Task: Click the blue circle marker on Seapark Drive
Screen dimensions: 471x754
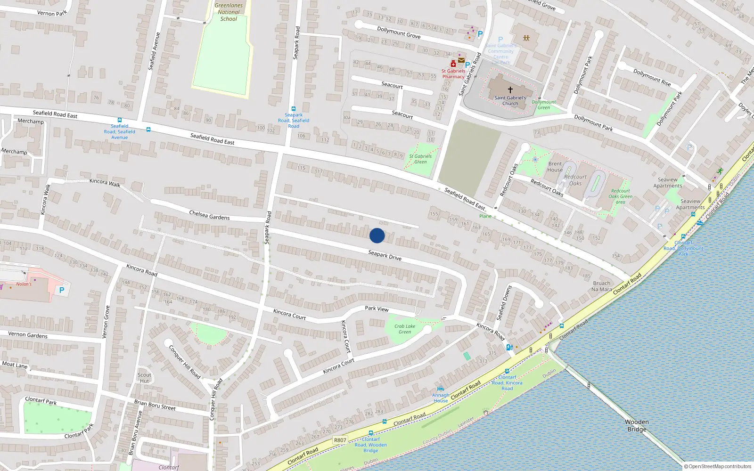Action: pyautogui.click(x=377, y=235)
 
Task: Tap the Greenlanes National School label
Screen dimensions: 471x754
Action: pyautogui.click(x=229, y=12)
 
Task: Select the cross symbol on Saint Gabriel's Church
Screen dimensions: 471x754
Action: pyautogui.click(x=510, y=89)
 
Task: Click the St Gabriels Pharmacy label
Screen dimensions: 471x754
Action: pyautogui.click(x=453, y=74)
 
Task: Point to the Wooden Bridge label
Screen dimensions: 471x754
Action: pyautogui.click(x=637, y=425)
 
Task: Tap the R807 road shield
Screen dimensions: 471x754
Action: pyautogui.click(x=340, y=440)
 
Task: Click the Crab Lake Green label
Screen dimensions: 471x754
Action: pyautogui.click(x=405, y=329)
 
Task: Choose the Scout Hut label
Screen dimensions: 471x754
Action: pyautogui.click(x=144, y=378)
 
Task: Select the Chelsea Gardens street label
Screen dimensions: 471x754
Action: pyautogui.click(x=209, y=215)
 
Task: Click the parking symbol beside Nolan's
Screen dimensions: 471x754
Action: pyautogui.click(x=61, y=290)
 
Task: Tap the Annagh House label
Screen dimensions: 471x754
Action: pyautogui.click(x=441, y=398)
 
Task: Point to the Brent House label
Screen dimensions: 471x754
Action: pyautogui.click(x=555, y=167)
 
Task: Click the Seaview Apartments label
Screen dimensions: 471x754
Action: pyautogui.click(x=668, y=183)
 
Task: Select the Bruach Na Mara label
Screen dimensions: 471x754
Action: pyautogui.click(x=601, y=286)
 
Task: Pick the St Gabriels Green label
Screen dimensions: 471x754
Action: pyautogui.click(x=420, y=159)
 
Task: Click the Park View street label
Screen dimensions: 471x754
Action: pyautogui.click(x=377, y=309)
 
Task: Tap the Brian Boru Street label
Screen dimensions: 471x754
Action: pyautogui.click(x=155, y=405)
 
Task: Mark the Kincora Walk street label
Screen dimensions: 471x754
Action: pyautogui.click(x=105, y=183)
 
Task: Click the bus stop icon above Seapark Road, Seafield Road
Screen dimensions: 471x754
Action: pyautogui.click(x=294, y=109)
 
